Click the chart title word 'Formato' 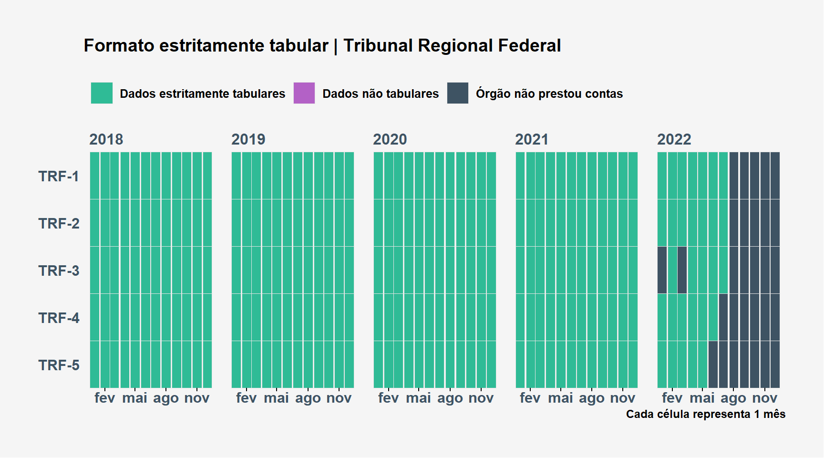(x=119, y=46)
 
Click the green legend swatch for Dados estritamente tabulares (x=102, y=93)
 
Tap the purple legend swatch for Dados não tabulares (x=304, y=93)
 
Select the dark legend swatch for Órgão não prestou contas (x=458, y=93)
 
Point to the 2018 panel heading (x=106, y=139)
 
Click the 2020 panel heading (x=390, y=139)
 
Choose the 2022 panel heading (x=674, y=139)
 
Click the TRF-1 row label (x=59, y=176)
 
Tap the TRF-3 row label (x=59, y=271)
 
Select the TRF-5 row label (x=59, y=365)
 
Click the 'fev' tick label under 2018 (x=105, y=398)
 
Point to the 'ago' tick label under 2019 (x=308, y=398)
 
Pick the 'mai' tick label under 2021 (x=561, y=398)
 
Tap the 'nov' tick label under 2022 (x=765, y=398)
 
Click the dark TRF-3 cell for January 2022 (x=662, y=270)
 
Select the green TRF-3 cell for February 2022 (x=672, y=270)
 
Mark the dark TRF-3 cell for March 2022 (x=682, y=270)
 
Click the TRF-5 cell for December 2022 (x=775, y=364)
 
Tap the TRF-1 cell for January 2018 (x=94, y=176)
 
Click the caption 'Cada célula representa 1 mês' (x=706, y=414)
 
